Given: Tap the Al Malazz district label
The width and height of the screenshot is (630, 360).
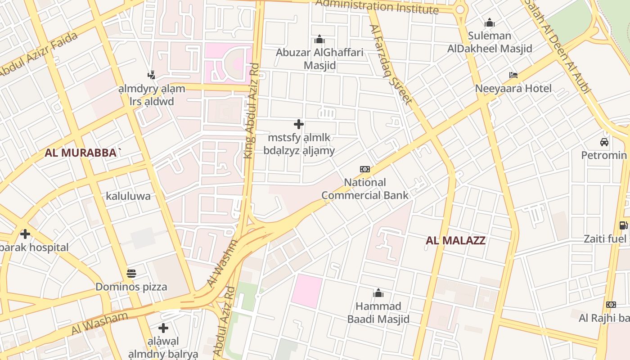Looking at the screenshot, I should click(455, 240).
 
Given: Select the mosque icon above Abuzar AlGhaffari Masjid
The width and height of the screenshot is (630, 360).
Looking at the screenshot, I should click(319, 40).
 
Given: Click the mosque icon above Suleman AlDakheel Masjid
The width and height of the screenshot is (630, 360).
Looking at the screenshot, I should click(490, 22).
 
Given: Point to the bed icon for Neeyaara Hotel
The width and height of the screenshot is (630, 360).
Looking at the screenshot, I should click(513, 75).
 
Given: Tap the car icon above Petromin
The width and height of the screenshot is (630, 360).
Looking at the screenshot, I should click(604, 142).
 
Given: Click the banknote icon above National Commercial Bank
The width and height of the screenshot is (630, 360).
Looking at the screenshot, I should click(365, 169).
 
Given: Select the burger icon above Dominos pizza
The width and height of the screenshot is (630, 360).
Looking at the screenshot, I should click(131, 273).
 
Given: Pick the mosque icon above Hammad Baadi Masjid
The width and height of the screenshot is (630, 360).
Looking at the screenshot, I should click(378, 293).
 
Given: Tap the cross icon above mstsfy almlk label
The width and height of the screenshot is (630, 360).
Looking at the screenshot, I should click(299, 124).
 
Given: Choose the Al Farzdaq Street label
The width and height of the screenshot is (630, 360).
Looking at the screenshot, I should click(391, 64).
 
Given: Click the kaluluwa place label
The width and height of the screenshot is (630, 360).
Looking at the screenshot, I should click(128, 196).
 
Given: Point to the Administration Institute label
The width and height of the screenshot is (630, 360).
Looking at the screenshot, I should click(377, 7).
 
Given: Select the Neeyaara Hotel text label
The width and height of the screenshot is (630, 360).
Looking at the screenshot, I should click(513, 89).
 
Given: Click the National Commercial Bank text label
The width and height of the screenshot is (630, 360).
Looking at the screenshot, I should click(365, 189).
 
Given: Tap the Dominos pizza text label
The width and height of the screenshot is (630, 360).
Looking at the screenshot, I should click(131, 287).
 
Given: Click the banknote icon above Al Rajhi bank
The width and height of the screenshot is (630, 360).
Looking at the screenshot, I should click(611, 305).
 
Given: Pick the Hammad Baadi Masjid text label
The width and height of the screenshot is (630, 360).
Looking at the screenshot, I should click(378, 313).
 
